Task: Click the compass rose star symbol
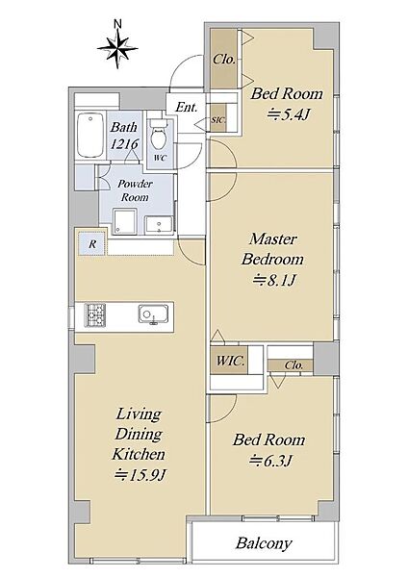pyautogui.click(x=117, y=49)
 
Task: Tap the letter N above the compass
pyautogui.click(x=117, y=24)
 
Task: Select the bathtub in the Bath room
pyautogui.click(x=90, y=135)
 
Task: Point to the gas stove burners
pyautogui.click(x=95, y=314)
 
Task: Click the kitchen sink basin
pyautogui.click(x=153, y=314)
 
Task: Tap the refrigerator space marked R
pyautogui.click(x=92, y=243)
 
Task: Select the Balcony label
pyautogui.click(x=264, y=543)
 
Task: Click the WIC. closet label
pyautogui.click(x=230, y=361)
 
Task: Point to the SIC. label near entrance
pyautogui.click(x=218, y=120)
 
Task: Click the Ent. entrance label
pyautogui.click(x=186, y=108)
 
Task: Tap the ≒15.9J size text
pyautogui.click(x=140, y=475)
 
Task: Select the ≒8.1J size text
pyautogui.click(x=273, y=281)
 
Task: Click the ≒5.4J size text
pyautogui.click(x=287, y=114)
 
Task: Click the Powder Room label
pyautogui.click(x=135, y=190)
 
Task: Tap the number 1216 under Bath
pyautogui.click(x=124, y=144)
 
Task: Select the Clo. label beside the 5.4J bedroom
pyautogui.click(x=224, y=60)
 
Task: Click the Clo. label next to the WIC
pyautogui.click(x=293, y=365)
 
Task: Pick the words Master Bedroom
pyautogui.click(x=273, y=249)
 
